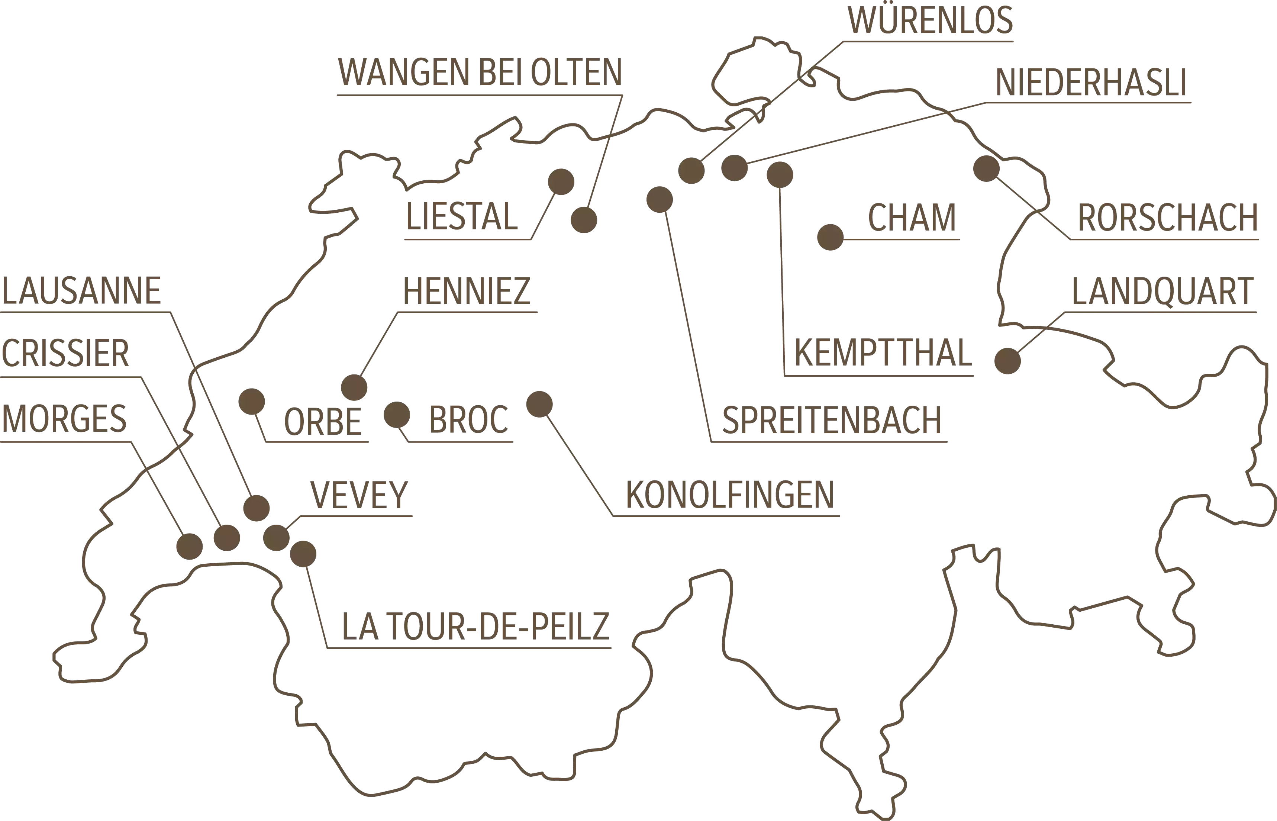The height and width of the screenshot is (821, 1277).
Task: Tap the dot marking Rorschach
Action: [x=986, y=168]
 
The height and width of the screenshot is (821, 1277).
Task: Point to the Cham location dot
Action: [x=830, y=237]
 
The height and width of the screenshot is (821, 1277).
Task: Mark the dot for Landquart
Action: [x=1007, y=361]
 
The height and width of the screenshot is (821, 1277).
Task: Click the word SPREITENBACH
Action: [x=831, y=420]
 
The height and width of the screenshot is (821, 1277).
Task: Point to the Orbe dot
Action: [x=252, y=402]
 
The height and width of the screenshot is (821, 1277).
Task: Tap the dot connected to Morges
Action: [x=189, y=547]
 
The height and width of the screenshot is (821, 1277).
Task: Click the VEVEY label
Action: [x=359, y=495]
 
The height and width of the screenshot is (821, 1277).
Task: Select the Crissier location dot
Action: [x=226, y=537]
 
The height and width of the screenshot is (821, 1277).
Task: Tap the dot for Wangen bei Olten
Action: [x=584, y=220]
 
